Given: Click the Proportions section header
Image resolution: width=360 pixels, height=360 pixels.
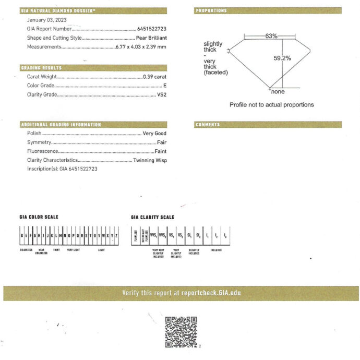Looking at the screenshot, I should pos(211,10).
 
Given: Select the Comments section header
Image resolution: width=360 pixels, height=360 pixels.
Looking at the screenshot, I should pos(208,125).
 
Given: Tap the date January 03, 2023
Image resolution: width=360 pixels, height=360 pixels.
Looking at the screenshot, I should pos(46,20).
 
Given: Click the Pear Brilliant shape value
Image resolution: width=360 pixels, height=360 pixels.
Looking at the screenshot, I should pos(151,38).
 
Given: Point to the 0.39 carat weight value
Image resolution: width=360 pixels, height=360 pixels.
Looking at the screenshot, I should pos(154,77).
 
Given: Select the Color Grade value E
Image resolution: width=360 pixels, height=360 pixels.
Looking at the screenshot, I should pos(164,86).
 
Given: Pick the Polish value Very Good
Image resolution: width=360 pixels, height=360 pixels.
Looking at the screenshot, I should pos(154,134).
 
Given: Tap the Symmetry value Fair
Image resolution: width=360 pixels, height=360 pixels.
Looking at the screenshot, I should pos(162,142).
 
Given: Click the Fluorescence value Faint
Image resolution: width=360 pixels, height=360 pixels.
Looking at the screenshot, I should pos(161,151).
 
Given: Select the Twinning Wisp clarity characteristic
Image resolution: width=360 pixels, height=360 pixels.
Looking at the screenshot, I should pos(150,160).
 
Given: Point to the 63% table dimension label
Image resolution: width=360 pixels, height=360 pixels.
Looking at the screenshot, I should pos(271,36).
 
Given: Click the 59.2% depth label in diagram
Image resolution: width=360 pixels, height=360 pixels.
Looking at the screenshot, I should pos(282,58).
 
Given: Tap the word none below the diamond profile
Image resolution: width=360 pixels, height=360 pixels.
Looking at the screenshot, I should pos(278,92).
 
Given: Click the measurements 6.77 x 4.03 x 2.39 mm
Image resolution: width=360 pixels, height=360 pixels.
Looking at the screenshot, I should pos(140,46).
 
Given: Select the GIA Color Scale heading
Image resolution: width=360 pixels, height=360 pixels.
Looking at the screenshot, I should pos(39,217).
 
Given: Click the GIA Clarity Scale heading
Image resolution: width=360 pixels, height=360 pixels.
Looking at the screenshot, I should pos(152,217).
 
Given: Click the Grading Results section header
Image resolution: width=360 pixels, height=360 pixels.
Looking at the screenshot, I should pos(41,68).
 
